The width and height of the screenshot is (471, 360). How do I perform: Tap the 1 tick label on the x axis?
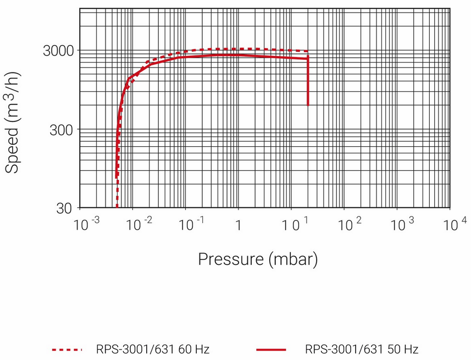click(238, 224)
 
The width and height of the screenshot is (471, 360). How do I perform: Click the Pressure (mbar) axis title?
click(258, 258)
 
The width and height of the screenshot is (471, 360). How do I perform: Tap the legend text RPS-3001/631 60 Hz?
click(152, 349)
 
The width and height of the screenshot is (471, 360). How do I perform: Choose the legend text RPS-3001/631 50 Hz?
click(362, 349)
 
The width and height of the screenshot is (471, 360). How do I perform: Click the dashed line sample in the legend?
click(67, 349)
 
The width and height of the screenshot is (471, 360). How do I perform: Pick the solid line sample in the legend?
click(271, 349)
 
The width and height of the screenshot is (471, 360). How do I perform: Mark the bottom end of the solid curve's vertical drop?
click(308, 104)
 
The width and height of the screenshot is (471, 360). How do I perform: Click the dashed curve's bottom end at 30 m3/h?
click(117, 207)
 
